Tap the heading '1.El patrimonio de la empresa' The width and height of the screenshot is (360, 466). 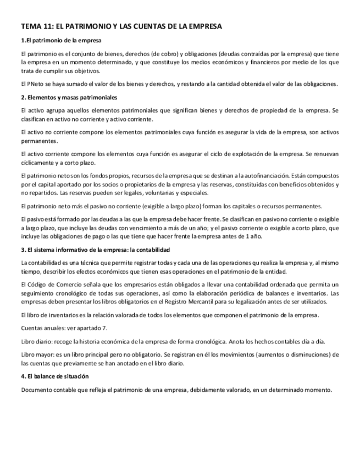[61, 41]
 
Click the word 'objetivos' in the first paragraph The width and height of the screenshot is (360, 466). [85, 71]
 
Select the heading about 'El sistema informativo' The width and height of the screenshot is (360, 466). [88, 249]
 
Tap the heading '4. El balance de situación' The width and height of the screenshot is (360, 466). [54, 376]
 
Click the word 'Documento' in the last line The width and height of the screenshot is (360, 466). [36, 390]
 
